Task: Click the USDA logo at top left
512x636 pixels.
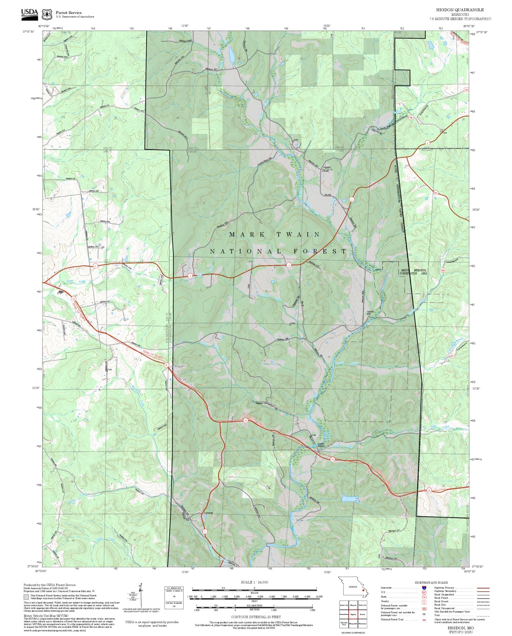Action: pyautogui.click(x=29, y=14)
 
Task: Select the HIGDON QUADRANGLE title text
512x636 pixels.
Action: pyautogui.click(x=460, y=10)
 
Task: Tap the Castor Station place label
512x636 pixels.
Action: pyautogui.click(x=321, y=445)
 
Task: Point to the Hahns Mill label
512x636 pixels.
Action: pyautogui.click(x=370, y=313)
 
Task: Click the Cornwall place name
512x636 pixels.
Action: pyautogui.click(x=208, y=522)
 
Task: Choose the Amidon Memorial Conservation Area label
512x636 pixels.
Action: pyautogui.click(x=413, y=272)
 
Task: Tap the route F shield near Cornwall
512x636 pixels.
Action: pyautogui.click(x=205, y=531)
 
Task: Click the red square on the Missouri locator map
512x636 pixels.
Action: pyautogui.click(x=363, y=590)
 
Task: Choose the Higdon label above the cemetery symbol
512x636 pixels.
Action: pyautogui.click(x=327, y=167)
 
